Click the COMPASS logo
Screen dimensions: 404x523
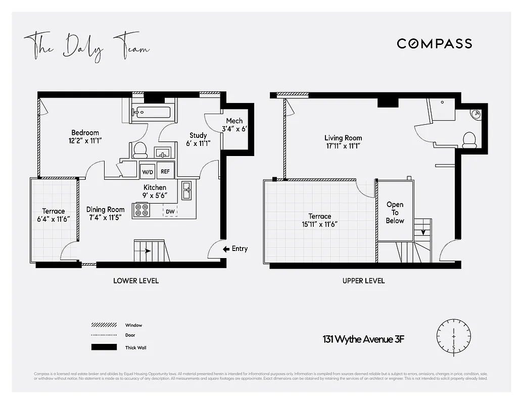click(x=434, y=43)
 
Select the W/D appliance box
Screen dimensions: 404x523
click(x=147, y=171)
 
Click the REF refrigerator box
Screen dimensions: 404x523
click(x=165, y=171)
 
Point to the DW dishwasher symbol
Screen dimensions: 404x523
click(x=170, y=211)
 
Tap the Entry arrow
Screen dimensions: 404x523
click(x=226, y=248)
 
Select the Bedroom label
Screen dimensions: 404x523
click(x=85, y=133)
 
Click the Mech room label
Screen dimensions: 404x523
click(x=234, y=121)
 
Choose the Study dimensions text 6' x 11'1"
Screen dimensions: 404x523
click(x=198, y=143)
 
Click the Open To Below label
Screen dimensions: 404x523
click(x=395, y=212)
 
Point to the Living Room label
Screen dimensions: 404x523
click(x=343, y=138)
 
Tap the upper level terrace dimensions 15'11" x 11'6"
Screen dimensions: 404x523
click(x=320, y=224)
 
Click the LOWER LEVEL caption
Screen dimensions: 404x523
click(x=136, y=281)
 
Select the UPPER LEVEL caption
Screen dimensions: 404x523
click(x=363, y=281)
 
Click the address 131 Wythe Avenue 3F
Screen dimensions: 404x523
click(x=363, y=339)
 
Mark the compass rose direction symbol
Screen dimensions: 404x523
click(x=454, y=336)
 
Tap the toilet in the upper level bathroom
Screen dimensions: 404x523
click(x=469, y=139)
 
